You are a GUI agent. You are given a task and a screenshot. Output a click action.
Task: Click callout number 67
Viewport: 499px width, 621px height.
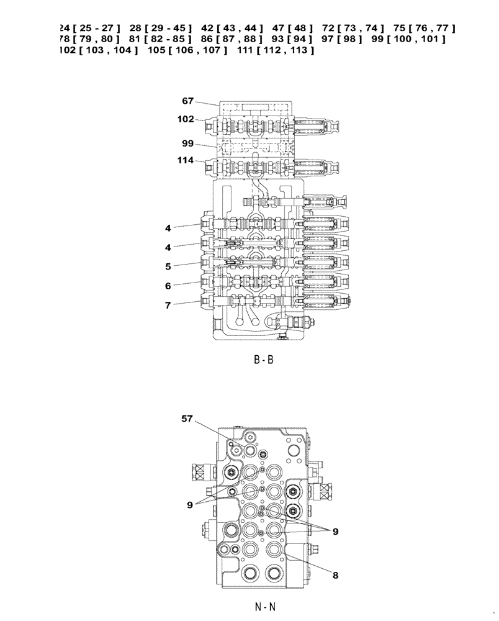pyautogui.click(x=188, y=100)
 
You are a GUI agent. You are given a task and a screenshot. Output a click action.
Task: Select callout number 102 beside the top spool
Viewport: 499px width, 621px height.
pyautogui.click(x=186, y=119)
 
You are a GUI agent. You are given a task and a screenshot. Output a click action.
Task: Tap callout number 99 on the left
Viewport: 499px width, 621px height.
pyautogui.click(x=188, y=143)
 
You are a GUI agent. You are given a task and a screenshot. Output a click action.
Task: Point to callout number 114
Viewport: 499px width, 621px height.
pyautogui.click(x=186, y=160)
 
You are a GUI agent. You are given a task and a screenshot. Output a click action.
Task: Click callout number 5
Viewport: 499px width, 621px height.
pyautogui.click(x=168, y=266)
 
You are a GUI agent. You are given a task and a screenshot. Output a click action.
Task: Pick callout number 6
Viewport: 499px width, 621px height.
pyautogui.click(x=168, y=286)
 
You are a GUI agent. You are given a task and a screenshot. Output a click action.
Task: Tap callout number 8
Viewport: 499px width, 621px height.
pyautogui.click(x=335, y=575)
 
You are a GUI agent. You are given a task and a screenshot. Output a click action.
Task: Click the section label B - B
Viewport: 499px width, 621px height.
pyautogui.click(x=263, y=360)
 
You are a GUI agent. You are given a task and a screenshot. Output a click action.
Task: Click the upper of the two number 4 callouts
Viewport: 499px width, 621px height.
pyautogui.click(x=168, y=228)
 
